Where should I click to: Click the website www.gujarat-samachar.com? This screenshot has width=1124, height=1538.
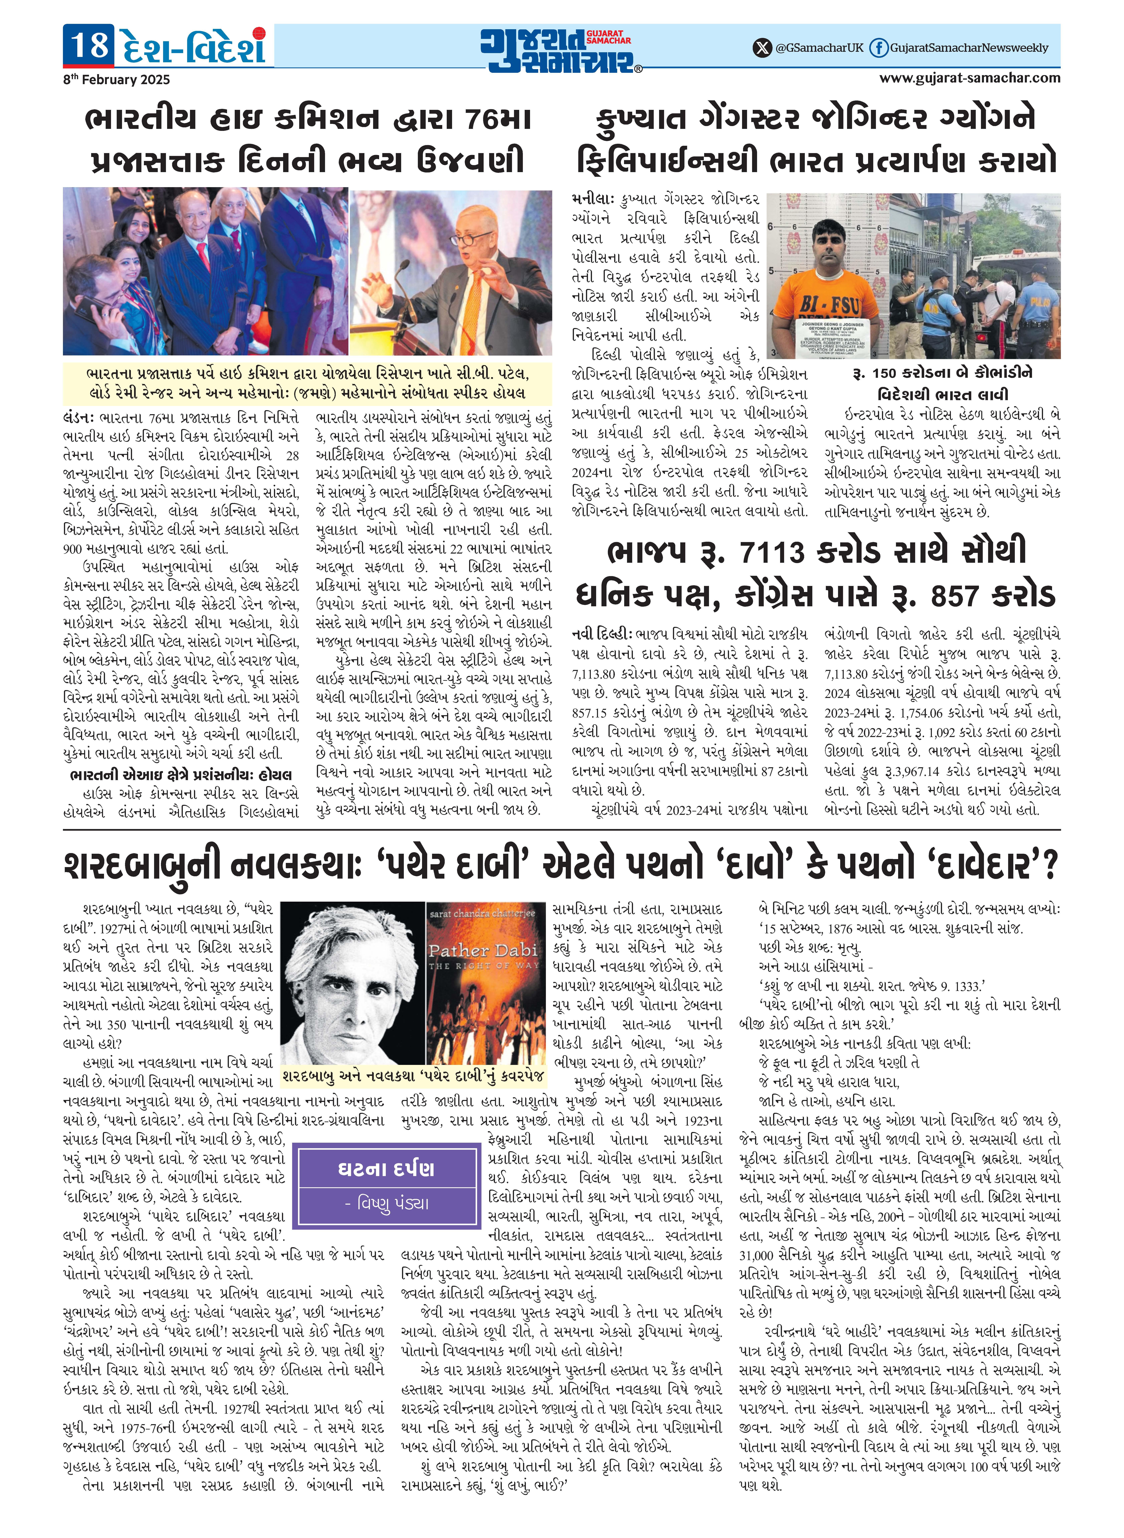(970, 78)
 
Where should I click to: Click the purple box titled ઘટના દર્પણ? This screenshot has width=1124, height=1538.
(386, 1185)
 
